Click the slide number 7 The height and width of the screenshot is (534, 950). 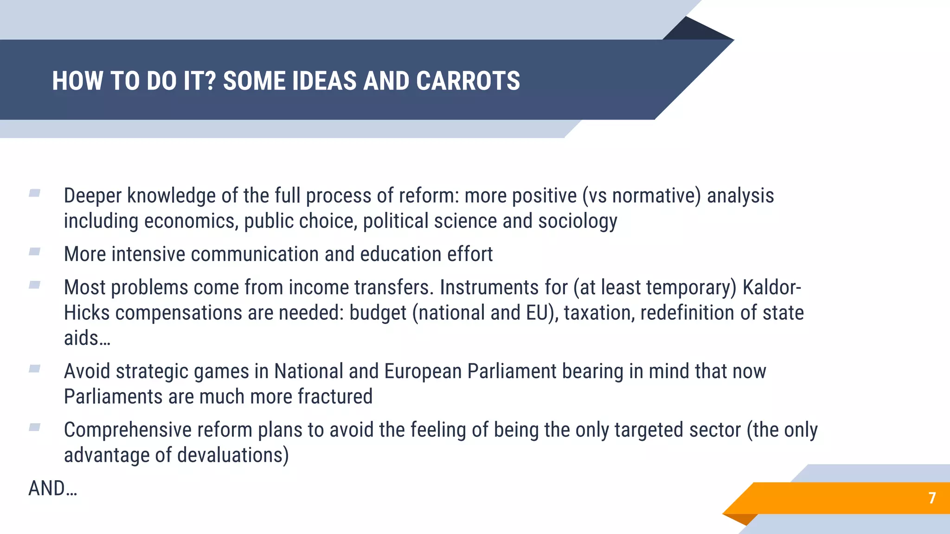click(932, 498)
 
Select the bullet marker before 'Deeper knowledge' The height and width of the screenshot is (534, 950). click(35, 193)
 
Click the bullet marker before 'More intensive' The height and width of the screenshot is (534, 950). click(35, 252)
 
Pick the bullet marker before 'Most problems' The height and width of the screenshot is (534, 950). click(35, 285)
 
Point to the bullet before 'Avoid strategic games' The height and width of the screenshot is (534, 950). click(35, 369)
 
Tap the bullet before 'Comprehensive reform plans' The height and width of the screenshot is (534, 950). click(35, 427)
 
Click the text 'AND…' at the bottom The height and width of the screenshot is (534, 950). click(52, 489)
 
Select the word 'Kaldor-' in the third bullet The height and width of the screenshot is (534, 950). click(772, 288)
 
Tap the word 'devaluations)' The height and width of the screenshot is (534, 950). click(233, 455)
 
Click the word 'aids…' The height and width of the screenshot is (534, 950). click(87, 338)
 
